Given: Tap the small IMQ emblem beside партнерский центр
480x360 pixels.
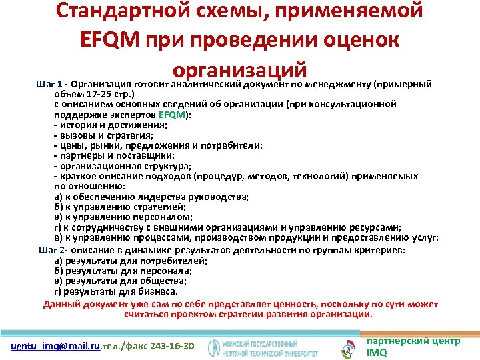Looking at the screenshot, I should (x=348, y=347).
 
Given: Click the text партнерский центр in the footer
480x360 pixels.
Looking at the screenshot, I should (x=413, y=341).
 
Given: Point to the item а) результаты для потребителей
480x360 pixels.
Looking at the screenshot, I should (x=130, y=261).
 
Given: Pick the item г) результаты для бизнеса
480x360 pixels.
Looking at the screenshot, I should (x=115, y=291).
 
